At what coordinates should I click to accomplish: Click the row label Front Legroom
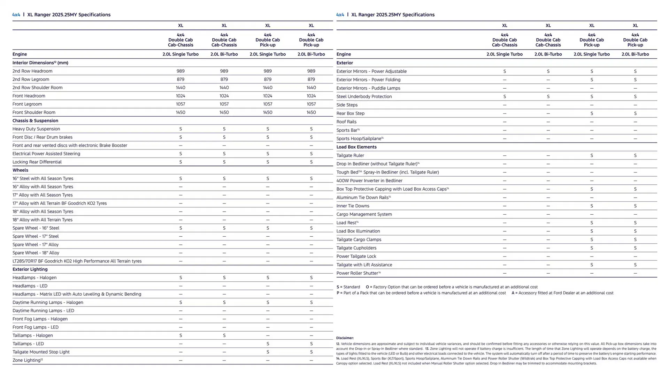(27, 104)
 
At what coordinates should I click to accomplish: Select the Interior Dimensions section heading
(40, 63)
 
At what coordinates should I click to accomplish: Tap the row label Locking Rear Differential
(37, 162)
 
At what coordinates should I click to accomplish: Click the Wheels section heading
(20, 170)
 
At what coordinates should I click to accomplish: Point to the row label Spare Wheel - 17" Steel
(36, 236)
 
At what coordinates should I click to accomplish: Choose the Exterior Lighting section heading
(30, 269)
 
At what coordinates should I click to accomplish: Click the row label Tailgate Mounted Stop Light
(41, 352)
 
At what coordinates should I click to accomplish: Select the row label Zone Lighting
(27, 360)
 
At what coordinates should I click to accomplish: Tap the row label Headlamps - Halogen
(34, 278)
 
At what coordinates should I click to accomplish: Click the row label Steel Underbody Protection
(364, 97)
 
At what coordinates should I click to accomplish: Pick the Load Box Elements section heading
(356, 147)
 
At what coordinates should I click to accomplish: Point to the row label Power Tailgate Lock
(356, 257)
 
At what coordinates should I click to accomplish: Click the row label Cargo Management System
(364, 214)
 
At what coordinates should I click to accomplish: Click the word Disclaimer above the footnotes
(345, 338)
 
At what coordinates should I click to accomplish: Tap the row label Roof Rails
(346, 122)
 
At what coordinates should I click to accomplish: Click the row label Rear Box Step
(350, 113)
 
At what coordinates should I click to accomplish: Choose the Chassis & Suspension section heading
(35, 121)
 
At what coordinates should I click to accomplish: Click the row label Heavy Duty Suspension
(36, 129)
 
